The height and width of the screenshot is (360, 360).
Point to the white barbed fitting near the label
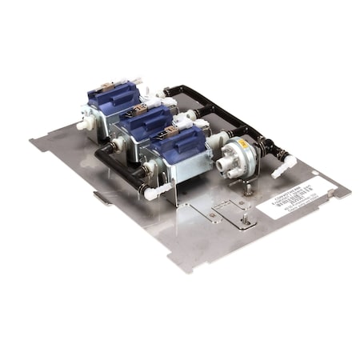(x=281, y=169)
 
